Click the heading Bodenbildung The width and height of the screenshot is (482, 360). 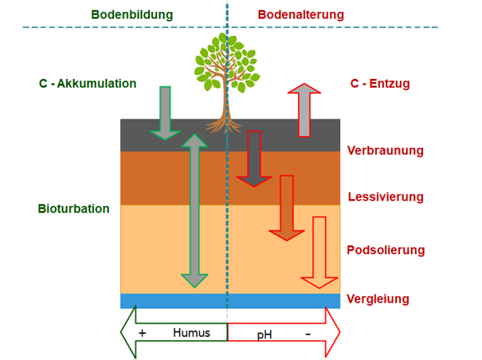[131, 15]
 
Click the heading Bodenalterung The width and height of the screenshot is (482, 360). [300, 15]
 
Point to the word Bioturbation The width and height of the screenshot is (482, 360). [73, 209]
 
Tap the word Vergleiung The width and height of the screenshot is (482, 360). [378, 299]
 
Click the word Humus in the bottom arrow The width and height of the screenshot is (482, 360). [191, 332]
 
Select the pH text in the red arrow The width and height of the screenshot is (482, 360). [265, 333]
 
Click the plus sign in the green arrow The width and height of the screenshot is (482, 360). [143, 332]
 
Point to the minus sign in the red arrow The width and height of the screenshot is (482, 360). [308, 332]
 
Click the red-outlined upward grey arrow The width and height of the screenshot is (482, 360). [304, 108]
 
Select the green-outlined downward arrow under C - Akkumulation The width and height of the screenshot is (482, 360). [165, 111]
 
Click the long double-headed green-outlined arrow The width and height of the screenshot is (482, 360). [194, 209]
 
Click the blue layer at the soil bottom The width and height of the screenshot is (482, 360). [230, 300]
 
